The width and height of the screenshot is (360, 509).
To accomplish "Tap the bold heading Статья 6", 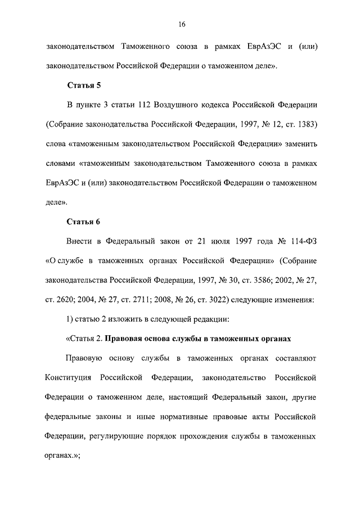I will [x=84, y=221].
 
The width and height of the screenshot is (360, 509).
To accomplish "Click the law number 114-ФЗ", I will [x=301, y=241].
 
